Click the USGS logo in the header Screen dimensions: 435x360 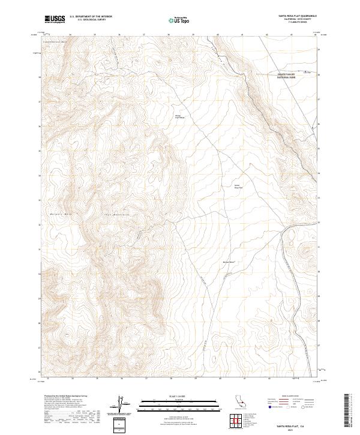[x=55, y=19]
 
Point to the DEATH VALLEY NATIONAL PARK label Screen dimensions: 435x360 [x=286, y=76]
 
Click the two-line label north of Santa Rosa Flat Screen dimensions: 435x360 [x=178, y=116]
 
